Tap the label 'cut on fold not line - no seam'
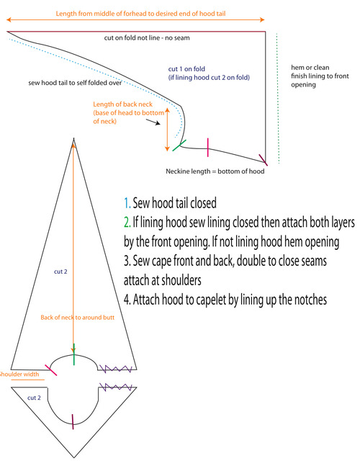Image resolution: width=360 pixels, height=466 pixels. (x=147, y=37)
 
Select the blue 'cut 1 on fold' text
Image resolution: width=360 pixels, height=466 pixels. (x=186, y=69)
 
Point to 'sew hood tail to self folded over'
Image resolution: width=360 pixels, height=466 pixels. (x=75, y=83)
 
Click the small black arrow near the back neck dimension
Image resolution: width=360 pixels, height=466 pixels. (x=153, y=122)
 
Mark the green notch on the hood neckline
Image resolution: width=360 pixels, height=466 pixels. (x=179, y=145)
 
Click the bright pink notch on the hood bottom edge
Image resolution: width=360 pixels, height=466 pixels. (x=207, y=148)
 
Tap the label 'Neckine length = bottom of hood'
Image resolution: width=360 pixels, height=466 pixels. (x=215, y=171)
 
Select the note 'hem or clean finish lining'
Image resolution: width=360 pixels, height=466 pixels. (x=320, y=76)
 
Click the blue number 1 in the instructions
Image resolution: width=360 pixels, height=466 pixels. (x=127, y=203)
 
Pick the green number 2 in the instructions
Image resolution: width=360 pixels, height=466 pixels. (x=127, y=222)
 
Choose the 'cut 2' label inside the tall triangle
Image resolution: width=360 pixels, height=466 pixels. (x=60, y=272)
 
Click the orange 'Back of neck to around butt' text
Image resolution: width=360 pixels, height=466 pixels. (x=78, y=318)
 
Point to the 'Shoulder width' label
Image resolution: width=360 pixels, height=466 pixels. (x=19, y=374)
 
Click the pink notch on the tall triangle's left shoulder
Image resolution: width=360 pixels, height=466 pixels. (x=51, y=370)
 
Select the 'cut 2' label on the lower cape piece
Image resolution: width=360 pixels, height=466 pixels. (x=34, y=398)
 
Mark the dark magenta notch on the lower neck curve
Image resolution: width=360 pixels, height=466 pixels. (x=73, y=422)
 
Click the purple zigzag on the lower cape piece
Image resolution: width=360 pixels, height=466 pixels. (x=115, y=387)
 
